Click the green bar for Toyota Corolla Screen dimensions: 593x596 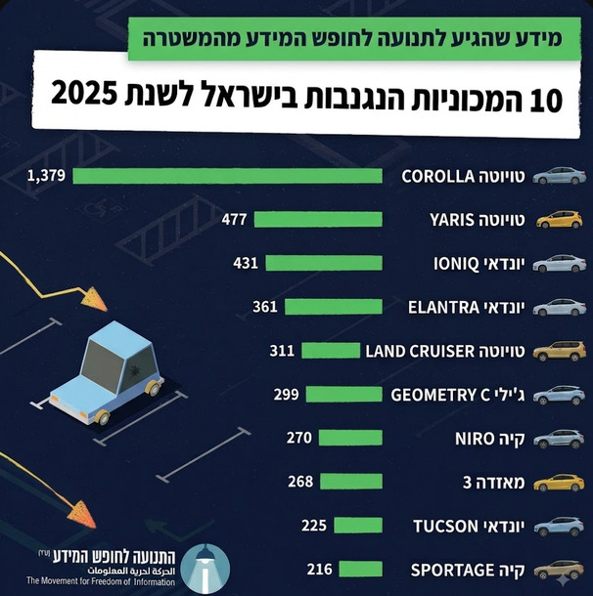point(228,176)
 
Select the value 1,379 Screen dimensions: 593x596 point(46,176)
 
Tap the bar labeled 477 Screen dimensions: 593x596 point(318,219)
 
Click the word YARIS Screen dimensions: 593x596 point(452,220)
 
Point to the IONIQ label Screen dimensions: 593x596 point(456,264)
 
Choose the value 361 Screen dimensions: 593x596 point(265,307)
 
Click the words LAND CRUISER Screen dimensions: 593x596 point(420,351)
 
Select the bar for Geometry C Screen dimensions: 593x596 point(344,394)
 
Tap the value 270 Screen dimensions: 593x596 point(299,438)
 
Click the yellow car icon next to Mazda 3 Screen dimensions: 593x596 point(559,483)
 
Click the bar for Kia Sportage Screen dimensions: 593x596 point(360,569)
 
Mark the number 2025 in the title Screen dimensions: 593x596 point(84,94)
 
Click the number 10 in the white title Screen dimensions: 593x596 point(546,100)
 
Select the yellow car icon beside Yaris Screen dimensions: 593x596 point(559,220)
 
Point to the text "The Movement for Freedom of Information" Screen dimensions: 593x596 point(101,580)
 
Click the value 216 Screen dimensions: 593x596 point(320,569)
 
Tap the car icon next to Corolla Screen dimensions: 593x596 point(559,176)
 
